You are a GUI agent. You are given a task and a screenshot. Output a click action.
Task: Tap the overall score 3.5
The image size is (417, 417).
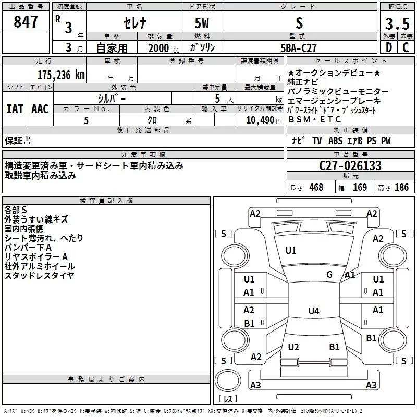pos(397,24)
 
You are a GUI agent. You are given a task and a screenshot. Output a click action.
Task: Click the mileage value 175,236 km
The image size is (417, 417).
pos(61,75)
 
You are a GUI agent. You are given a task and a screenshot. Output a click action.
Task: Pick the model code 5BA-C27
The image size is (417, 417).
pos(299,48)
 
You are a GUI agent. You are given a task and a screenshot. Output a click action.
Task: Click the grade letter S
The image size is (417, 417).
pos(299,23)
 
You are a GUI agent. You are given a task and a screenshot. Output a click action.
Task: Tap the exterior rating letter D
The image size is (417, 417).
pos(389,48)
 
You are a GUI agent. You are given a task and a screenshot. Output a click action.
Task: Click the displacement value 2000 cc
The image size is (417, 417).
pos(161,48)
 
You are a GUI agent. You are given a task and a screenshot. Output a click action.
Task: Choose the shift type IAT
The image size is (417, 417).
pos(15,109)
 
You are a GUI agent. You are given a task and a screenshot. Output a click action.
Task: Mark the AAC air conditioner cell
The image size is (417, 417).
pos(40,109)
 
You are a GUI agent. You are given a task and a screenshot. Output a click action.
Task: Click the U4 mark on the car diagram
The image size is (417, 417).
pos(313,311)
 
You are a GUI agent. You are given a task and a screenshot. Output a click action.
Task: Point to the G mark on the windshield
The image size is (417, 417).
pos(329,275)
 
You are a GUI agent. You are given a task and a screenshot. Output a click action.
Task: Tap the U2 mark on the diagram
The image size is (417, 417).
pos(293,347)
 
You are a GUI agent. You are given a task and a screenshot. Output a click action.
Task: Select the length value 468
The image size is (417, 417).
pos(316,188)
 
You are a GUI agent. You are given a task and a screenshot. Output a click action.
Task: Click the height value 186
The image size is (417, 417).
pos(401,188)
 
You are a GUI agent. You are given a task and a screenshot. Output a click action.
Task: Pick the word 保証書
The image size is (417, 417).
pos(18,140)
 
